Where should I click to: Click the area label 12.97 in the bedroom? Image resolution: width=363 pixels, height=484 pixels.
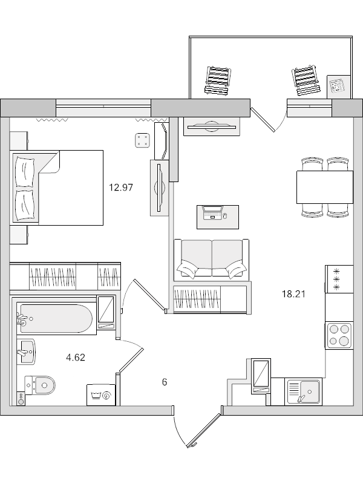tap(120, 188)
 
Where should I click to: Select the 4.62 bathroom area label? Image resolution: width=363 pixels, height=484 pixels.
tap(75, 357)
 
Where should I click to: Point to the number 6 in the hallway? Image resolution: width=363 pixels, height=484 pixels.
tap(164, 382)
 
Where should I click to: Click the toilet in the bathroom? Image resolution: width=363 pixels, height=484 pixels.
tap(41, 384)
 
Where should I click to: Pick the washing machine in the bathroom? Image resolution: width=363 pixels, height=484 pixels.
tap(100, 394)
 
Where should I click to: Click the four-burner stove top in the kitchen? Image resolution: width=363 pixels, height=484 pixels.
tap(339, 335)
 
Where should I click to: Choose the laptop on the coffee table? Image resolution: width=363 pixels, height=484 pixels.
tap(213, 214)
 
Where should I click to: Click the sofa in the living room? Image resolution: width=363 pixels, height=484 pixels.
tap(211, 259)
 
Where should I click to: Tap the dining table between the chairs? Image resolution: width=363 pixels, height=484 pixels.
tap(324, 187)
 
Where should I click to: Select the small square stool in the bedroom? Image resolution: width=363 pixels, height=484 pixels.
tap(143, 140)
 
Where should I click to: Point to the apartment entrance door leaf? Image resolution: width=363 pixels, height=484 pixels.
tap(203, 431)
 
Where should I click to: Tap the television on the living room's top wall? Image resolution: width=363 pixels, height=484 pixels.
tap(212, 126)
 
